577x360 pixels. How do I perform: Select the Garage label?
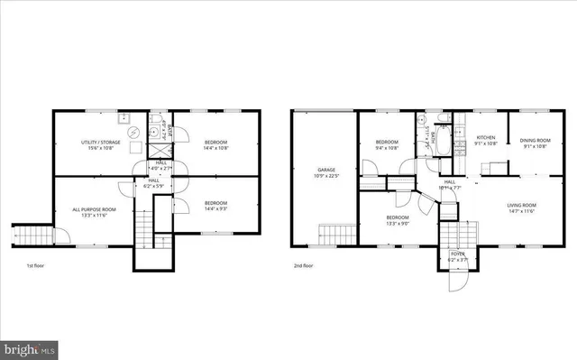coord(325,169)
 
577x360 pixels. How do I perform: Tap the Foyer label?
coord(459,255)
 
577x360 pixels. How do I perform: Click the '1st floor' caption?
coord(34,266)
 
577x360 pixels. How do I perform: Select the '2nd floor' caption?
coord(304,266)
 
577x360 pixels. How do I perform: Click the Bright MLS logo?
coord(29,347)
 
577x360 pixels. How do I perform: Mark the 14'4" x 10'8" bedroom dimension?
coord(216,147)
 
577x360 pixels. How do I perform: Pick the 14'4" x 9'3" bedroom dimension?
coord(216,208)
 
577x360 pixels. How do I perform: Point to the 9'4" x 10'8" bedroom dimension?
coord(387,147)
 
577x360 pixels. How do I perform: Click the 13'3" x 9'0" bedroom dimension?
coord(398,222)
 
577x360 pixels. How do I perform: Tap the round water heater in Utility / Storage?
coord(134,133)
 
